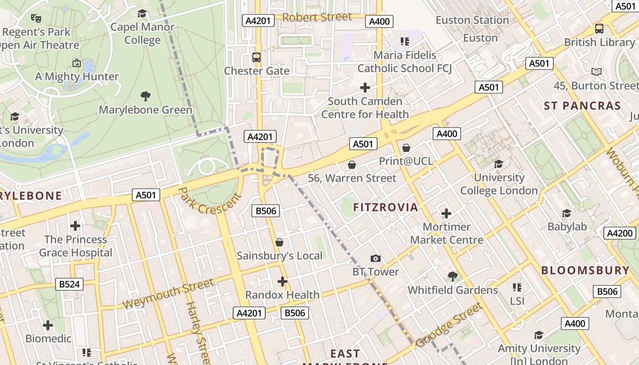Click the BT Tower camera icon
pyautogui.click(x=375, y=259)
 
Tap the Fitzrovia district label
pyautogui.click(x=386, y=208)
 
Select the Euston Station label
pyautogui.click(x=472, y=20)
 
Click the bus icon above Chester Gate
pyautogui.click(x=257, y=57)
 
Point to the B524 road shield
pyautogui.click(x=69, y=284)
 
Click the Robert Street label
pyautogui.click(x=317, y=17)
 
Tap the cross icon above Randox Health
pyautogui.click(x=282, y=282)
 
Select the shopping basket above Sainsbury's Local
pyautogui.click(x=279, y=242)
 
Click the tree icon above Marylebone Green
pyautogui.click(x=146, y=96)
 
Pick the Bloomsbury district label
pyautogui.click(x=585, y=270)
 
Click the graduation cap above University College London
pyautogui.click(x=498, y=164)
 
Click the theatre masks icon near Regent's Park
pyautogui.click(x=36, y=18)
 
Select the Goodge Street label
pyautogui.click(x=449, y=325)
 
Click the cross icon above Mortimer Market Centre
pyautogui.click(x=446, y=213)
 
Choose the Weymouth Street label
pyautogui.click(x=168, y=295)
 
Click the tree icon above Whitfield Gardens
pyautogui.click(x=452, y=276)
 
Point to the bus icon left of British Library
pyautogui.click(x=599, y=29)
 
